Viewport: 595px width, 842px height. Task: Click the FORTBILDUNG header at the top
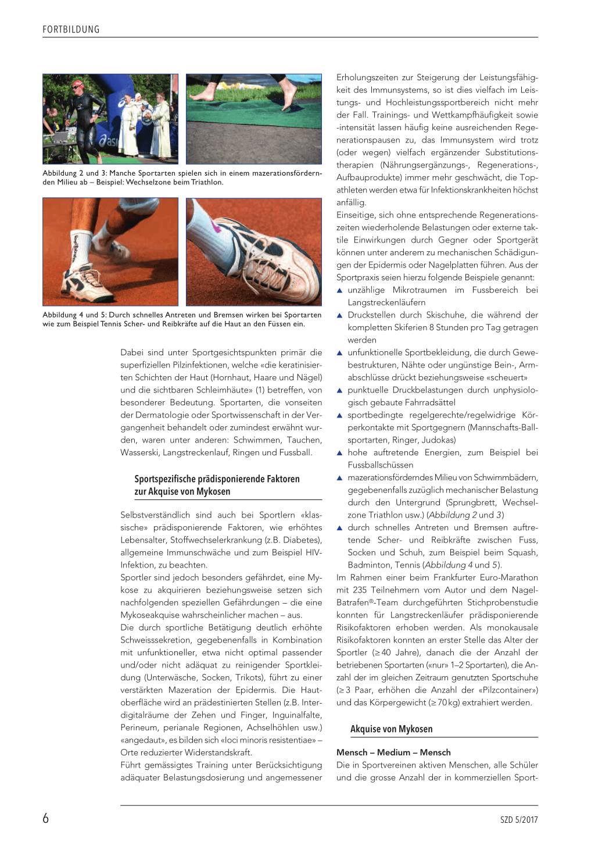[71, 30]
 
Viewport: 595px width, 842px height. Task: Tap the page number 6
[46, 819]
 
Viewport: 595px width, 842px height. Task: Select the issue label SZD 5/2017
[519, 820]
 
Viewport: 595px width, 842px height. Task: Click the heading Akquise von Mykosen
[391, 729]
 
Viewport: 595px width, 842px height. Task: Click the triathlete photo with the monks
[110, 119]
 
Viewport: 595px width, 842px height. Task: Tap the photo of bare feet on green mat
[253, 119]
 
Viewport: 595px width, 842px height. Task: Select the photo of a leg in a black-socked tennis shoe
[110, 252]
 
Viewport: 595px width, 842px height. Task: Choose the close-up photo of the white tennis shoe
[253, 252]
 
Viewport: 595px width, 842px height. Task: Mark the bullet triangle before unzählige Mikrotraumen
[340, 290]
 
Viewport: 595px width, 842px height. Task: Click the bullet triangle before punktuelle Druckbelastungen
[340, 390]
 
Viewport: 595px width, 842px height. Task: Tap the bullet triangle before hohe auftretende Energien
[340, 452]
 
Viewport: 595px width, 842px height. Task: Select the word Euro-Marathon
[509, 577]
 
